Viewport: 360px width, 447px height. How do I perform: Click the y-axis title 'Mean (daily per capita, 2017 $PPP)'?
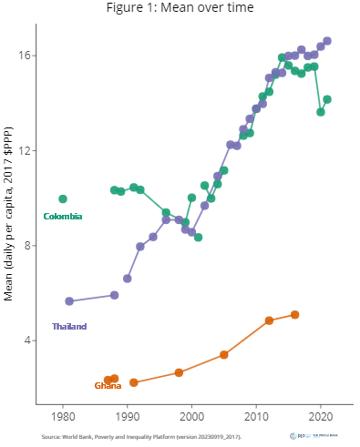point(9,218)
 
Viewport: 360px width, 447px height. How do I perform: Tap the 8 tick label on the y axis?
point(26,246)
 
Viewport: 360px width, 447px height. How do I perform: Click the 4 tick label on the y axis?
point(26,340)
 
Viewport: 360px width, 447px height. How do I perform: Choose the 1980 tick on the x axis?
point(63,417)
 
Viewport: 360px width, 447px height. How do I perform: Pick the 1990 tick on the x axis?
point(127,417)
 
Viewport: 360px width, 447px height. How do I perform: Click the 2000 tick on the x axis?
point(191,417)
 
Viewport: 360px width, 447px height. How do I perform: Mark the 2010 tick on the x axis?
point(256,417)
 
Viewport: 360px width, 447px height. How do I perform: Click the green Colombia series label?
point(63,216)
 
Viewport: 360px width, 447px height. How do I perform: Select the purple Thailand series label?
point(69,326)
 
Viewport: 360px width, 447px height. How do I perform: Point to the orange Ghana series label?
point(108,386)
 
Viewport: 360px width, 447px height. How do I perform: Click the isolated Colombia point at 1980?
point(63,198)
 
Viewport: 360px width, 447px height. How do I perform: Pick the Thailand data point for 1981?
point(69,301)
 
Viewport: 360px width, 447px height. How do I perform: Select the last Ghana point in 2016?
point(294,315)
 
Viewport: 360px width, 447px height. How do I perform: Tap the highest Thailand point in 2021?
point(327,41)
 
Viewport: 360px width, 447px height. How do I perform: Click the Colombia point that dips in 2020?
point(321,112)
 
